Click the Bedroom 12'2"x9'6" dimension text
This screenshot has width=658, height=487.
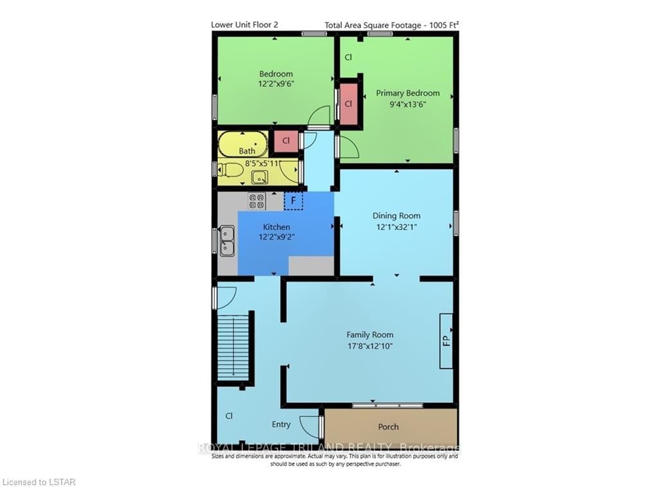276,84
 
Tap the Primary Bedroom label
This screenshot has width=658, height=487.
407,93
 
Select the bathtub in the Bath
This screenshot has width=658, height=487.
243,143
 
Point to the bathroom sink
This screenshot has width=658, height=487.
260,177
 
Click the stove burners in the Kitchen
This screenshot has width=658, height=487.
256,201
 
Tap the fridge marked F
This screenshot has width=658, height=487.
293,201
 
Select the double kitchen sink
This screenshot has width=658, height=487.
227,241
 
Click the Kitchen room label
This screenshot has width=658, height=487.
276,227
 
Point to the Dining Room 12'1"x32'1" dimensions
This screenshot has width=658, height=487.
396,227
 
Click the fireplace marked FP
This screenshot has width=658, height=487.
446,341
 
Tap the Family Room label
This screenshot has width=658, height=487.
369,335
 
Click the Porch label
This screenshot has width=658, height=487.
388,427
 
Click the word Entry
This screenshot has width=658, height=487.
281,425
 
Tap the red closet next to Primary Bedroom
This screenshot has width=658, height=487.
348,103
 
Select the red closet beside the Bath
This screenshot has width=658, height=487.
286,141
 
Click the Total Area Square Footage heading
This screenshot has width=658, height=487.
391,25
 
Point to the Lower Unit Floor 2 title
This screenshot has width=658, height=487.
244,24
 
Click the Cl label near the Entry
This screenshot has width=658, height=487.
229,416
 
